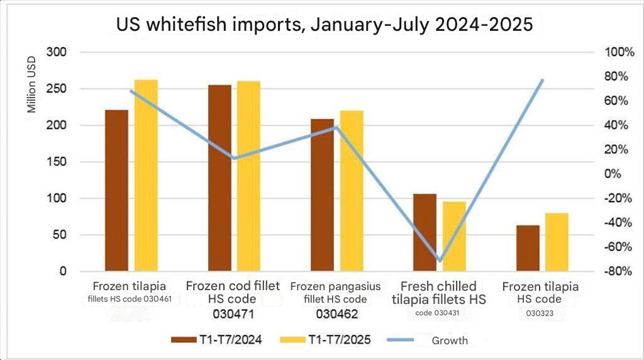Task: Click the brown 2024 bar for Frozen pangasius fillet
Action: point(323,195)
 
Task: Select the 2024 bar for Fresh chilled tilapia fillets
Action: point(425,232)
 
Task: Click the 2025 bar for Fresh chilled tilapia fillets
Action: point(454,236)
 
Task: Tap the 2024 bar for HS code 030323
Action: point(528,248)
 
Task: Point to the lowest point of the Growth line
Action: point(440,261)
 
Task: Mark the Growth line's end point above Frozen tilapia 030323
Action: point(542,80)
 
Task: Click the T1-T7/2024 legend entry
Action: point(216,340)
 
